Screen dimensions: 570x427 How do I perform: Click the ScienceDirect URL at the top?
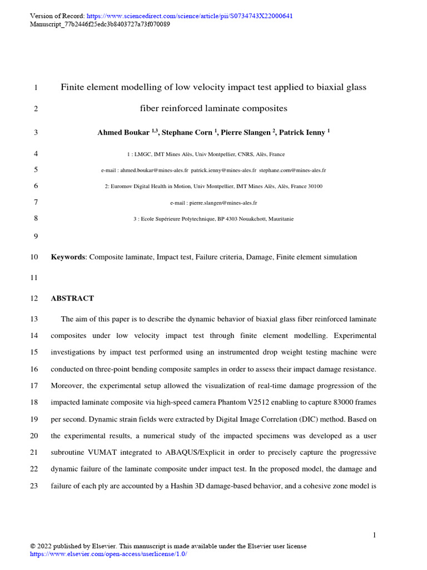pos(190,16)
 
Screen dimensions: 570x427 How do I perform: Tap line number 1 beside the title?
pos(36,87)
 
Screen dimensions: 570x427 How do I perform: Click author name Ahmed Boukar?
pos(123,132)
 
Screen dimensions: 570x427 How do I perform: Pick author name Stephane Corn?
pos(187,132)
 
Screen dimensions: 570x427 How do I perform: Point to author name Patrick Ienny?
pos(302,132)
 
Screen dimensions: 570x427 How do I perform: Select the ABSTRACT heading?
pos(72,298)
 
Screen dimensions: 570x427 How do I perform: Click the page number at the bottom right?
pos(374,535)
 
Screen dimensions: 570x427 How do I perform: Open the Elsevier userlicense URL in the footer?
pos(108,554)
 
